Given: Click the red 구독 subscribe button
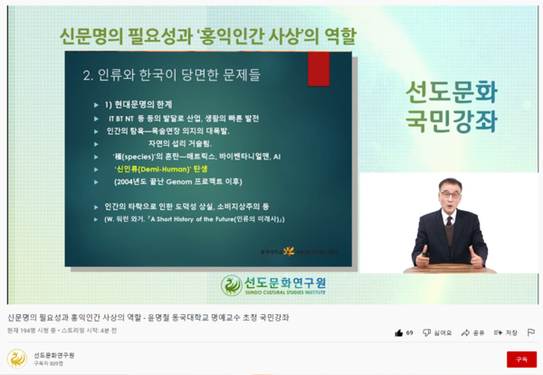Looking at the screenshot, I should point(521,359).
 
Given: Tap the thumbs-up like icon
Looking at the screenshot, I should point(398,333).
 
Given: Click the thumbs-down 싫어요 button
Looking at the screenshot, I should point(437,333).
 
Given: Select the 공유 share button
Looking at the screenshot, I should point(472,333).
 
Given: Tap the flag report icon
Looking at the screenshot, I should point(531,333).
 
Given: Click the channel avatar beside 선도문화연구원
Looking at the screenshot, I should point(16,359).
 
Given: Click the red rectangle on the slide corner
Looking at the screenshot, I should point(319,69).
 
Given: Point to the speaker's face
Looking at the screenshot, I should point(450,195).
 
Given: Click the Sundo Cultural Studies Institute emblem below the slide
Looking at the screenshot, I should point(233,285).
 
